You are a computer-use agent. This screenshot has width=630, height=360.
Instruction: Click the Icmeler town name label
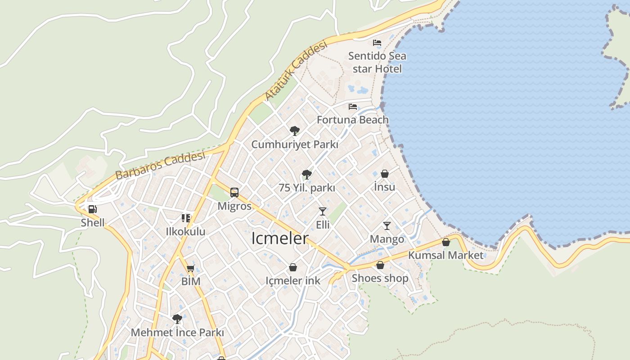279,238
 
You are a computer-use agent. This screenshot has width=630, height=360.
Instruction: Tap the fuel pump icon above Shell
92,209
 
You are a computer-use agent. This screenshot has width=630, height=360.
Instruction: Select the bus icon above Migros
234,193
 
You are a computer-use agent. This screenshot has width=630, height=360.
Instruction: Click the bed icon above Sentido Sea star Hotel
377,43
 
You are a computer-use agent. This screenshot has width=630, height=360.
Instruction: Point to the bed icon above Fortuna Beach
353,107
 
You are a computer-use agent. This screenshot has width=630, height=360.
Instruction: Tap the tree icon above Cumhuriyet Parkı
295,131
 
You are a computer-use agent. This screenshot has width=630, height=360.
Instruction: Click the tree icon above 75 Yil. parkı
307,174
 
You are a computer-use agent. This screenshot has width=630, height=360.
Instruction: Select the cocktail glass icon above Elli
322,211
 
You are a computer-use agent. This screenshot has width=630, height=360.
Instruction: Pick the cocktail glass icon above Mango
387,225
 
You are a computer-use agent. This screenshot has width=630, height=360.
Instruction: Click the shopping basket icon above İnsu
385,174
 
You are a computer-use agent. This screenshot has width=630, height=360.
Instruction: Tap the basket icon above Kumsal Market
446,242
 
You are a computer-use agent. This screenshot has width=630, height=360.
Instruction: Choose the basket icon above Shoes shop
380,265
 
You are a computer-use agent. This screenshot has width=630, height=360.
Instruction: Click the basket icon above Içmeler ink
293,267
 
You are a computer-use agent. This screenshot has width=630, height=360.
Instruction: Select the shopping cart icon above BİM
190,269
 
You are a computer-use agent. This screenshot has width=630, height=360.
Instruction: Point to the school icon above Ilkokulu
186,218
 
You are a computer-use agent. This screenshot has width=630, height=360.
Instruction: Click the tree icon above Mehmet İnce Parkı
177,319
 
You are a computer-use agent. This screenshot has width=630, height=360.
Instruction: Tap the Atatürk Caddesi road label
295,71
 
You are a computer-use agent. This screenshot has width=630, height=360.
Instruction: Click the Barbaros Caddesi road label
160,166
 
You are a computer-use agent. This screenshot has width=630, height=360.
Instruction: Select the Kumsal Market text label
445,255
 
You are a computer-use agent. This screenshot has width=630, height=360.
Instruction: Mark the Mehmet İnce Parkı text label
177,333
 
